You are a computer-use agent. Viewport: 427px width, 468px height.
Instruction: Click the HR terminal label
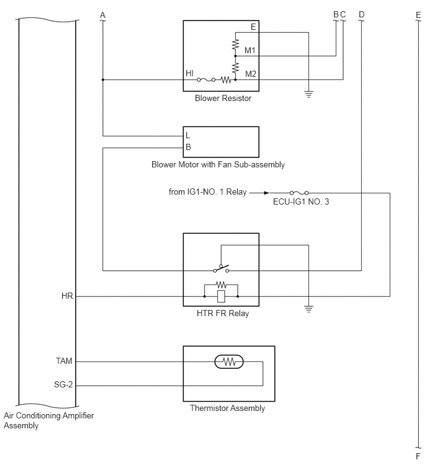tap(67, 296)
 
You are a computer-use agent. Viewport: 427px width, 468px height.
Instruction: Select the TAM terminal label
tap(64, 361)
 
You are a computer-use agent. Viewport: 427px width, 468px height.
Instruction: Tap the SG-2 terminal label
tap(63, 384)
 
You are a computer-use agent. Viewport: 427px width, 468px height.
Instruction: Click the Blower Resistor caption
tap(223, 98)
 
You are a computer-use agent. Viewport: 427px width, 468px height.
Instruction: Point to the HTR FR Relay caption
tap(223, 314)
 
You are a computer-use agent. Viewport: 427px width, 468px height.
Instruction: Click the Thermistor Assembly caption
tap(227, 408)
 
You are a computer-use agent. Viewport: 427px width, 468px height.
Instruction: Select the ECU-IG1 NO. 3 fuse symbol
tap(299, 193)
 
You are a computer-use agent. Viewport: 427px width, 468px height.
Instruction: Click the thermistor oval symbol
tap(229, 361)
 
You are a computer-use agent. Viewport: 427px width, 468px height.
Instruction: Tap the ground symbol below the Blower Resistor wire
tap(308, 94)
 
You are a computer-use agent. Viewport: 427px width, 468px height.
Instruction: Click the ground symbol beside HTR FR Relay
tap(308, 309)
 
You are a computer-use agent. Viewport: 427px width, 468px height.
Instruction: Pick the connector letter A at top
tap(102, 15)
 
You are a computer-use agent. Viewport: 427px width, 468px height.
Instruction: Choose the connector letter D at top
tap(362, 14)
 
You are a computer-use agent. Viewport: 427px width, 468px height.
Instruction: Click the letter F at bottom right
tap(418, 456)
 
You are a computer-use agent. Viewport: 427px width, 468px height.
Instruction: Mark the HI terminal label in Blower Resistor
tap(189, 73)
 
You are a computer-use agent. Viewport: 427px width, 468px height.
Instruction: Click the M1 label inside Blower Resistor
tap(249, 50)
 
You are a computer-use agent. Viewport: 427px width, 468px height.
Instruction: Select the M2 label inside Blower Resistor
tap(250, 74)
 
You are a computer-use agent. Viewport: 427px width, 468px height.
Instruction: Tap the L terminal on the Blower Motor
tap(187, 135)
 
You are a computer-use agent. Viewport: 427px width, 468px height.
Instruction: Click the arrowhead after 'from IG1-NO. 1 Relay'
tap(266, 193)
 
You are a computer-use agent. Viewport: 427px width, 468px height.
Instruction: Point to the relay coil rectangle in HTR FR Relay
tap(221, 296)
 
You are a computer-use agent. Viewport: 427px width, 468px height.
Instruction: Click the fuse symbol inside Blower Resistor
tap(206, 80)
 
